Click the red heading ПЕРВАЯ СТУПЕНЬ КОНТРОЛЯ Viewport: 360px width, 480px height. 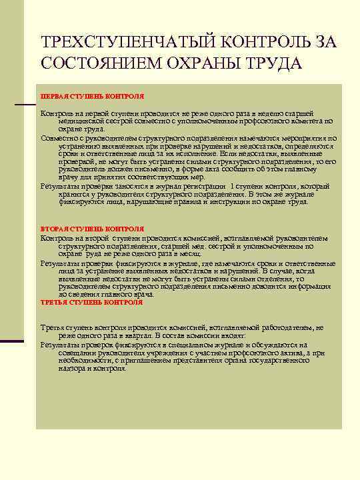[x=92, y=96]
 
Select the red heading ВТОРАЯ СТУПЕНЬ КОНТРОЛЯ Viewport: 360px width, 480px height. [x=91, y=229]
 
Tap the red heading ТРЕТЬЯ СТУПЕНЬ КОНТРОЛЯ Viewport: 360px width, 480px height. [x=91, y=302]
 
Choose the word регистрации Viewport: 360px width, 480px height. [x=203, y=187]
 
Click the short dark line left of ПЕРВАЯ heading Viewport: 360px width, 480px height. [x=25, y=105]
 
